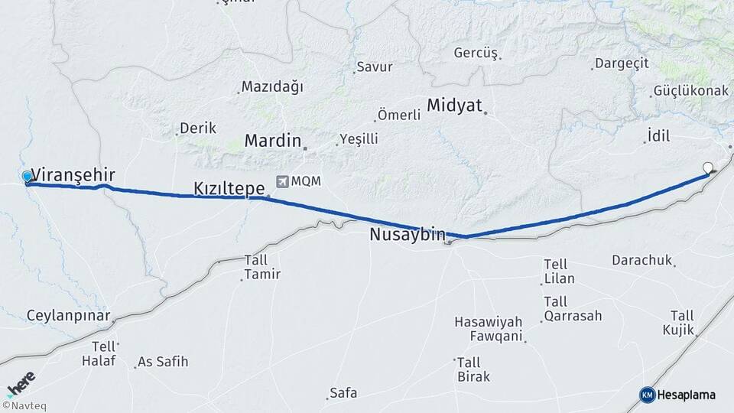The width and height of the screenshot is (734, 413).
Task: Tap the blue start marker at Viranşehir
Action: pyautogui.click(x=28, y=177)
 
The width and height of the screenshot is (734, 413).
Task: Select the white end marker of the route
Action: pyautogui.click(x=707, y=167)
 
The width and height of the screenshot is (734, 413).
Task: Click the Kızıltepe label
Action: pyautogui.click(x=229, y=187)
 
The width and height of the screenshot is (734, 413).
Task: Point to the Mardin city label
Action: pyautogui.click(x=272, y=141)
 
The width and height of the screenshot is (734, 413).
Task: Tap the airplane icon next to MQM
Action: pyautogui.click(x=283, y=181)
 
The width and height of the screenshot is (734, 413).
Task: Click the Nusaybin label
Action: pyautogui.click(x=407, y=235)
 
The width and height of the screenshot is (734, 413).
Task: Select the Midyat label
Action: pyautogui.click(x=454, y=105)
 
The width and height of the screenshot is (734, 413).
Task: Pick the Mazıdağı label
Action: pyautogui.click(x=271, y=86)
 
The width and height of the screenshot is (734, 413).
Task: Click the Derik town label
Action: pyautogui.click(x=198, y=128)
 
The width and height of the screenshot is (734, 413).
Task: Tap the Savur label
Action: pyautogui.click(x=375, y=67)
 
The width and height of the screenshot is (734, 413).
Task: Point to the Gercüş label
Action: pyautogui.click(x=476, y=54)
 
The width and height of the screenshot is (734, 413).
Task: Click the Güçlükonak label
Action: pyautogui.click(x=690, y=91)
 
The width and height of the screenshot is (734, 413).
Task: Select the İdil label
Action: pyautogui.click(x=658, y=136)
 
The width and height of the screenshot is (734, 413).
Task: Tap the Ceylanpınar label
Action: pyautogui.click(x=70, y=315)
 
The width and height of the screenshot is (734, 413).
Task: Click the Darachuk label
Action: pyautogui.click(x=641, y=260)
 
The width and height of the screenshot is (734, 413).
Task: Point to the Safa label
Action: pyautogui.click(x=343, y=393)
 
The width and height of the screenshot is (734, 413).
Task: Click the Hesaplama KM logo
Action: pyautogui.click(x=677, y=395)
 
